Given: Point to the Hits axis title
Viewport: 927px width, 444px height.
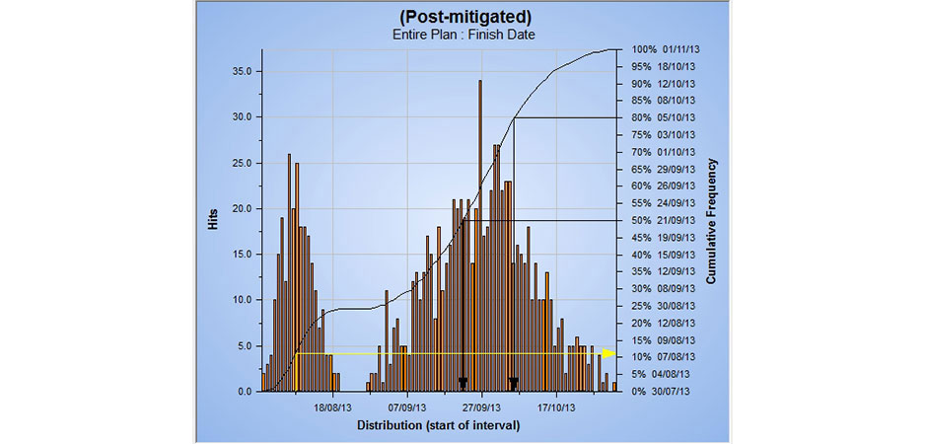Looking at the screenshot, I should (x=213, y=220).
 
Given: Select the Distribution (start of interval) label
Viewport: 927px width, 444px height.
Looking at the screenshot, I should (x=438, y=425).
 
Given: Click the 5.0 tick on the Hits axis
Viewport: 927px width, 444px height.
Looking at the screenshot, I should (x=243, y=345).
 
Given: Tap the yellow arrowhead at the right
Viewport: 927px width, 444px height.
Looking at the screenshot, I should (x=610, y=353).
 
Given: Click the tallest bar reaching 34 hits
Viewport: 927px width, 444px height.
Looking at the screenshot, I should (x=480, y=237).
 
